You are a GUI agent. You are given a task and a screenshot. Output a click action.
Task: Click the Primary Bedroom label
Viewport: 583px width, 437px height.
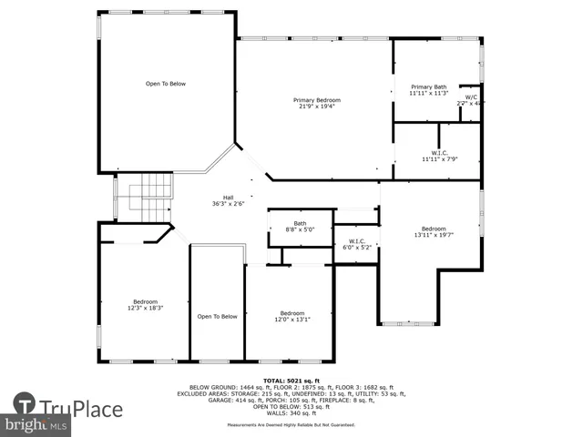316,99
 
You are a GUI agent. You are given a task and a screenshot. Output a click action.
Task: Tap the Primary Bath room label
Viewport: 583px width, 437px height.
427,87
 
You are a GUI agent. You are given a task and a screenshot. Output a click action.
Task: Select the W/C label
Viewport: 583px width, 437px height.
471,97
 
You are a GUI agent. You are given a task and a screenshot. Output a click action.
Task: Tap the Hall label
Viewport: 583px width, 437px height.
229,198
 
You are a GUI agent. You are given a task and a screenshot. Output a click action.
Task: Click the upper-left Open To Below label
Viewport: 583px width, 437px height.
166,84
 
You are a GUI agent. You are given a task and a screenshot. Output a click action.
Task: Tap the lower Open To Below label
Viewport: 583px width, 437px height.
217,317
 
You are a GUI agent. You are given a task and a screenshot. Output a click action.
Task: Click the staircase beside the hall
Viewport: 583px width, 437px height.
148,197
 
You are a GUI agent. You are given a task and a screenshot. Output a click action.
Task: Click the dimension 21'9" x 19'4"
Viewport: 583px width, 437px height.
316,106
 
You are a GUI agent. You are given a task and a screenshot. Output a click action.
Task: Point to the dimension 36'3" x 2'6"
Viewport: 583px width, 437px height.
229,203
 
